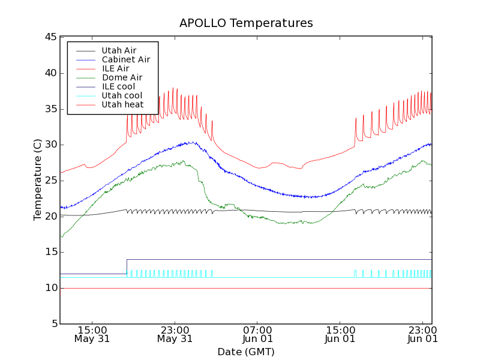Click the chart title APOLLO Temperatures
coord(246,23)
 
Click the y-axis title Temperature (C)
coord(38,180)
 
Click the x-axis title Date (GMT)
coord(246,352)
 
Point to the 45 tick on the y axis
coord(50,37)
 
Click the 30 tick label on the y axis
coord(50,145)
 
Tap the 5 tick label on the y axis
coord(53,324)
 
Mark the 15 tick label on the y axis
coord(50,252)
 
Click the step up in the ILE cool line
coord(127,266)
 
